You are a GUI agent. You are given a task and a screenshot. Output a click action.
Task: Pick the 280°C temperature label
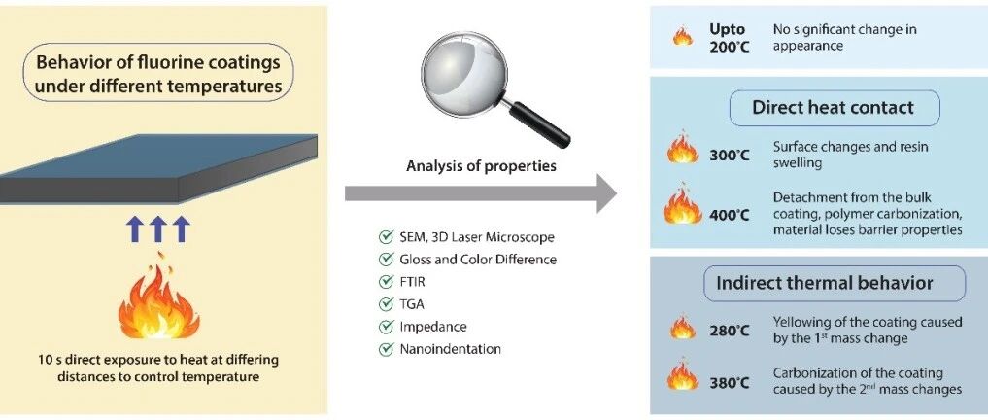729,331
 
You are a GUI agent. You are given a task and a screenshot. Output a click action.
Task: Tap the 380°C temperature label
729,382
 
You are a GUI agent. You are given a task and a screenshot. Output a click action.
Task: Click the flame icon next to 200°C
683,37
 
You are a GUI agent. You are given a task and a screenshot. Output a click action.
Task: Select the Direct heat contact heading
833,107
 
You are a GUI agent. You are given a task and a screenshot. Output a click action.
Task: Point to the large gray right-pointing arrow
481,193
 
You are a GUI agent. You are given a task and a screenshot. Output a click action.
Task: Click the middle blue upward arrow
158,228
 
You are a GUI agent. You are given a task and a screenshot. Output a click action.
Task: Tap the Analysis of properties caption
481,166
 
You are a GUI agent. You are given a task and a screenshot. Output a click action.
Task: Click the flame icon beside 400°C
683,206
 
